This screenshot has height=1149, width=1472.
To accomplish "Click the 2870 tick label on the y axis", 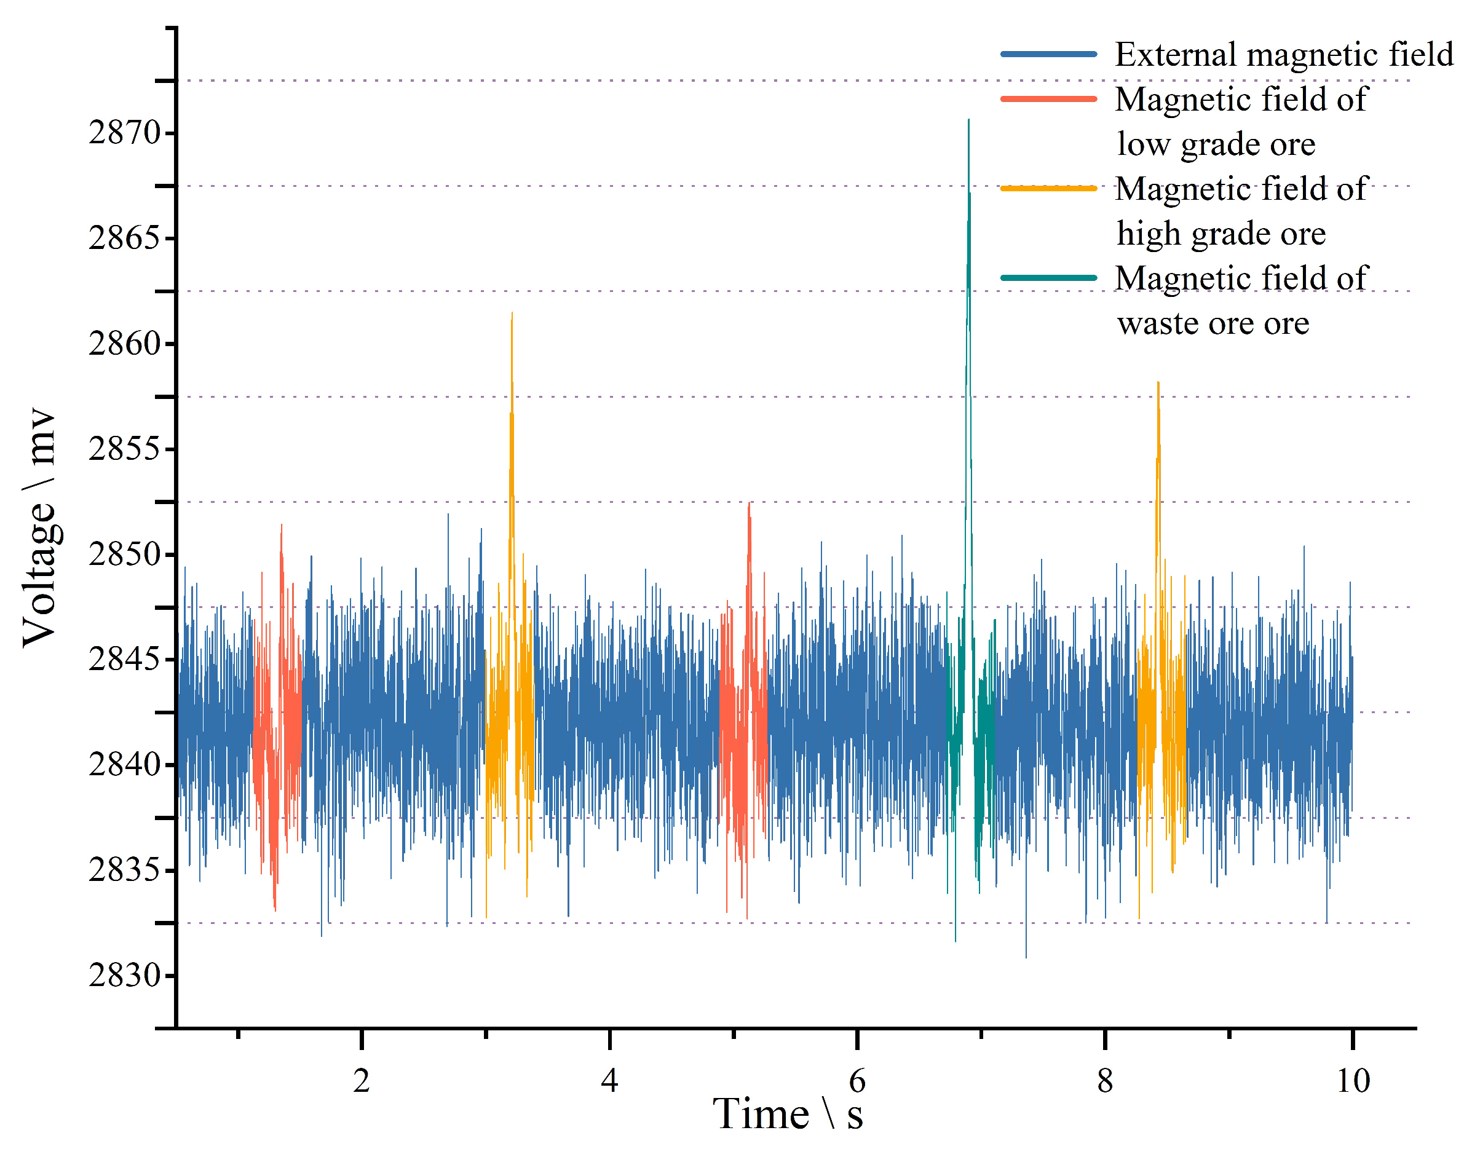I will click(125, 133).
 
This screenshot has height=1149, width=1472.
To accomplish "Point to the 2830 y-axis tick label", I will click(125, 975).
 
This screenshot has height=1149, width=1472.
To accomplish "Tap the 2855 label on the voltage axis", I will click(125, 449).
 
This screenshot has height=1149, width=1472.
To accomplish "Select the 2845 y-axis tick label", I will click(125, 659).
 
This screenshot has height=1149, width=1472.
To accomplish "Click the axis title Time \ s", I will click(787, 1115).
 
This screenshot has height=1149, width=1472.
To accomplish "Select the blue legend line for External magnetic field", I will click(1048, 54).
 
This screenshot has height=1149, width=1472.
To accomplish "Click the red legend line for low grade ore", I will click(1048, 99).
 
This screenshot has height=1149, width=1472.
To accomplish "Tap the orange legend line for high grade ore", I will click(1048, 189).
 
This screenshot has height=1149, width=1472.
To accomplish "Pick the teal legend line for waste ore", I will click(1048, 278).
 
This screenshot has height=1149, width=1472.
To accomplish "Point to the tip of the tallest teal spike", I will click(968, 120).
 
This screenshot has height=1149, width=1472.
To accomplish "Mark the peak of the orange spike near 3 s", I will click(512, 314).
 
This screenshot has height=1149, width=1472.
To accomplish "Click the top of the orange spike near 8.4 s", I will click(1158, 383).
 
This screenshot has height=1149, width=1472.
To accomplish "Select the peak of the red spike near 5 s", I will click(749, 503).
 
